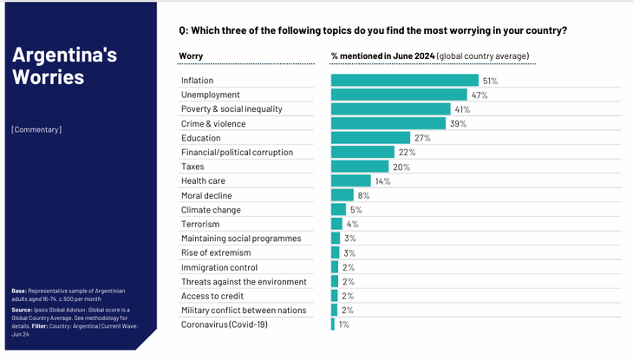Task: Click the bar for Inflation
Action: [404, 81]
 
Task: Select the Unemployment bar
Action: [399, 95]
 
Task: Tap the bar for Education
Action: [370, 138]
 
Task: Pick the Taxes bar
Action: [360, 167]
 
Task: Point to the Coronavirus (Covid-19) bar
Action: [333, 324]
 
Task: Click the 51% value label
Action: [490, 81]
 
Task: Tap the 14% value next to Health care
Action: [382, 181]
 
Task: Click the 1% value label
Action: [343, 324]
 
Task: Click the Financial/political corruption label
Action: [237, 153]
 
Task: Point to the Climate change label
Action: [211, 210]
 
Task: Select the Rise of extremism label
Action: [216, 252]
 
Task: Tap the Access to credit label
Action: [212, 296]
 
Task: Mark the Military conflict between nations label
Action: [244, 310]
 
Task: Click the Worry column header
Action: [191, 56]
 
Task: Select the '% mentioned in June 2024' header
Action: [382, 56]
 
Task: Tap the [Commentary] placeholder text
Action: [36, 130]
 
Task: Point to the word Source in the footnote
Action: [23, 310]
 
